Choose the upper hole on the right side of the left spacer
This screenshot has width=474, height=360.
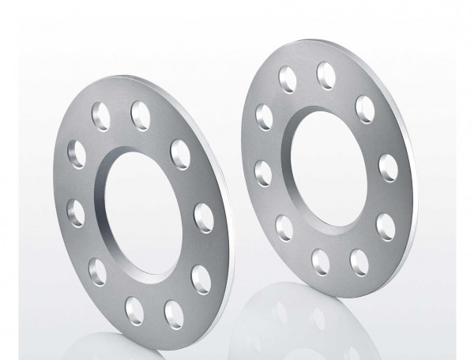click(181, 148)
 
